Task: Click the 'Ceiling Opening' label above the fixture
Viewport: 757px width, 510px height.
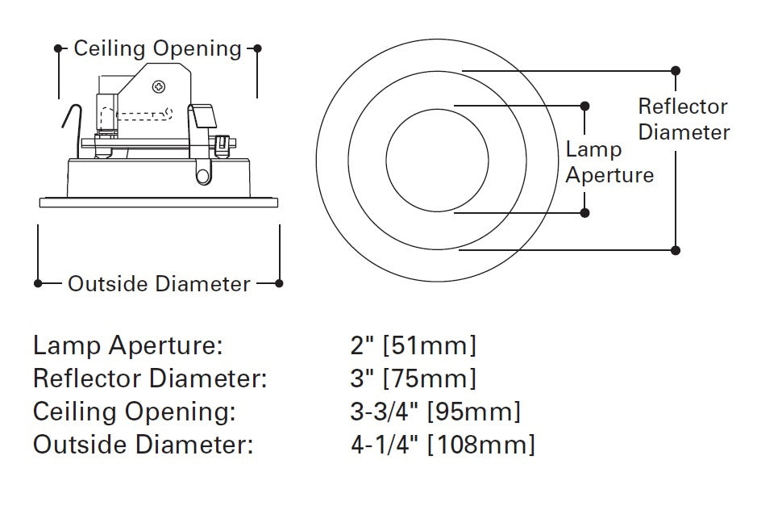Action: click(x=157, y=49)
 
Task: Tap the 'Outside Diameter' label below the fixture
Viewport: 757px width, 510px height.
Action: click(x=159, y=284)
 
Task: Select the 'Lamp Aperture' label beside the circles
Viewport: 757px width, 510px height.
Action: click(x=609, y=162)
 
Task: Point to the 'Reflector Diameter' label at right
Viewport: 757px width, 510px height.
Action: click(x=684, y=119)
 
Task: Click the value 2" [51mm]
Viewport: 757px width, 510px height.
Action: click(x=414, y=346)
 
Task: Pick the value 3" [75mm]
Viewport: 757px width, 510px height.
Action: click(x=414, y=378)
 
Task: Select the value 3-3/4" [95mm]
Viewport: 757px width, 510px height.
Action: click(x=435, y=412)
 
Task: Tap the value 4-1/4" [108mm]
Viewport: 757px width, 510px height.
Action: click(x=442, y=444)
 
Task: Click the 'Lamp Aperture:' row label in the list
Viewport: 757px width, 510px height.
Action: click(x=127, y=346)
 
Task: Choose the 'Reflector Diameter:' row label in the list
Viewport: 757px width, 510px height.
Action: click(x=150, y=378)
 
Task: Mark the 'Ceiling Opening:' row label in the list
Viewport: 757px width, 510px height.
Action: click(x=135, y=412)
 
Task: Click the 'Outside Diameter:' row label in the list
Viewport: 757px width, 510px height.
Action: click(x=143, y=444)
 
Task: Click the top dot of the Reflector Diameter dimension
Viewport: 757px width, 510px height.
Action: click(x=676, y=71)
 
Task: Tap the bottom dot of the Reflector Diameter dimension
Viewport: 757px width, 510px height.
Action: click(x=676, y=250)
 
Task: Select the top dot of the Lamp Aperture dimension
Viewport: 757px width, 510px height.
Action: click(x=585, y=106)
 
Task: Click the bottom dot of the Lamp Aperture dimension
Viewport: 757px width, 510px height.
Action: click(x=585, y=213)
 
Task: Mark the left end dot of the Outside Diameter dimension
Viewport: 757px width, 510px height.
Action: click(x=38, y=283)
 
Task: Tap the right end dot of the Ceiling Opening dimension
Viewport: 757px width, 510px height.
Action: click(x=257, y=48)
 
